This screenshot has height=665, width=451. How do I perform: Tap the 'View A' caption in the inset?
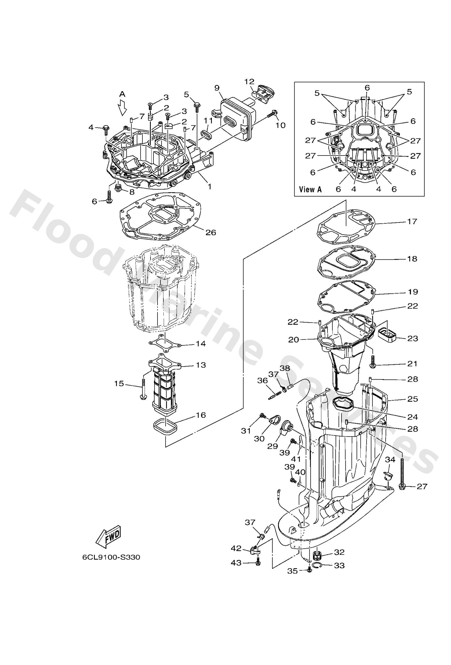point(310,190)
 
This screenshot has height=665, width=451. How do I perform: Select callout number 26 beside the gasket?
point(211,232)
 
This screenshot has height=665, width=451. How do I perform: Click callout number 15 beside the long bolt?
point(119,384)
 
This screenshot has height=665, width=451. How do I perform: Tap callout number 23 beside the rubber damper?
point(412,339)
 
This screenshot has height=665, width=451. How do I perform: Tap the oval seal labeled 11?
point(206,135)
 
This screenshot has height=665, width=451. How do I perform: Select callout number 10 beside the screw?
point(281,125)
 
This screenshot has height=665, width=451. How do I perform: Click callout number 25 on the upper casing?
point(412,399)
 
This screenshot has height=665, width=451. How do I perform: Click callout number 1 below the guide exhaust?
point(210,187)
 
